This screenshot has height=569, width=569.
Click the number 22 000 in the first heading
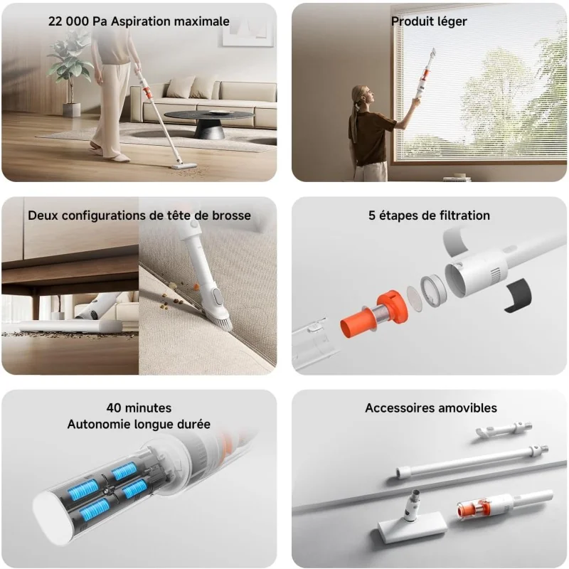(x=68, y=21)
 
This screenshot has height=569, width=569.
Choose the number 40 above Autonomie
(x=114, y=408)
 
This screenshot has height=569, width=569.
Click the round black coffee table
(x=209, y=122)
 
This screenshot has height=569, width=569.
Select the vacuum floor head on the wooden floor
(x=184, y=166)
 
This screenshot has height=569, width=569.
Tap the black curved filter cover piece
(x=519, y=294)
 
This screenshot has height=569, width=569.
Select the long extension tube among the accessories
(x=472, y=462)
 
